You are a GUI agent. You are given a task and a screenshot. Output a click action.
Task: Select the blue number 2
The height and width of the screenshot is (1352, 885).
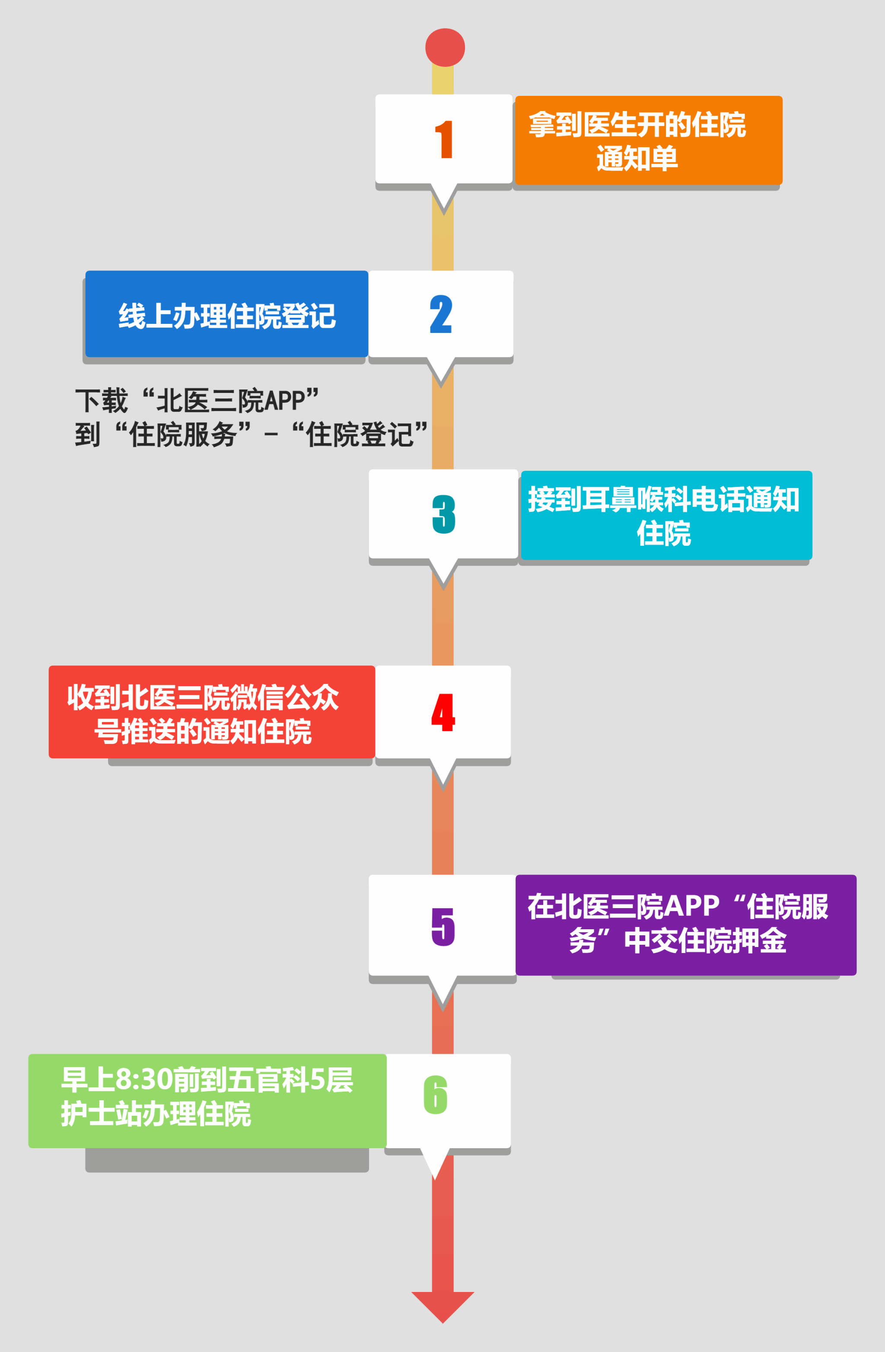click(441, 314)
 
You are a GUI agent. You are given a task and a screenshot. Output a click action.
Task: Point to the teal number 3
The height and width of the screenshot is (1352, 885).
click(443, 514)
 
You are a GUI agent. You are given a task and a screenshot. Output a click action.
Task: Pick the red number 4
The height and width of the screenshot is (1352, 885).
click(443, 712)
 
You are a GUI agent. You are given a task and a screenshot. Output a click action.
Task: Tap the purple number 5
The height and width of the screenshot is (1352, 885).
click(443, 927)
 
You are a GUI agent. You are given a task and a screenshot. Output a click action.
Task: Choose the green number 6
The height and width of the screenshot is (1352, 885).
click(436, 1095)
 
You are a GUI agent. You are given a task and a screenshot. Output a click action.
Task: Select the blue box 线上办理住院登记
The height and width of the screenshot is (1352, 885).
click(226, 314)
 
